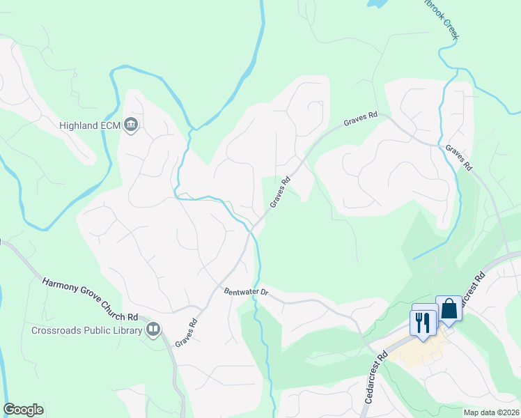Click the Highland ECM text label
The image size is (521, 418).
(x=86, y=125)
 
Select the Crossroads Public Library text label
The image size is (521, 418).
(x=86, y=330)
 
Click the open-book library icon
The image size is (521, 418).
(x=153, y=329)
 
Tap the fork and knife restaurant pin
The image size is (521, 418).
(x=422, y=322)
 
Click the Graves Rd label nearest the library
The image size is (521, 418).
(x=187, y=332)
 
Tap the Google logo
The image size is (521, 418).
(x=24, y=410)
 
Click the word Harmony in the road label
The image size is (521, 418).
(x=62, y=285)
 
